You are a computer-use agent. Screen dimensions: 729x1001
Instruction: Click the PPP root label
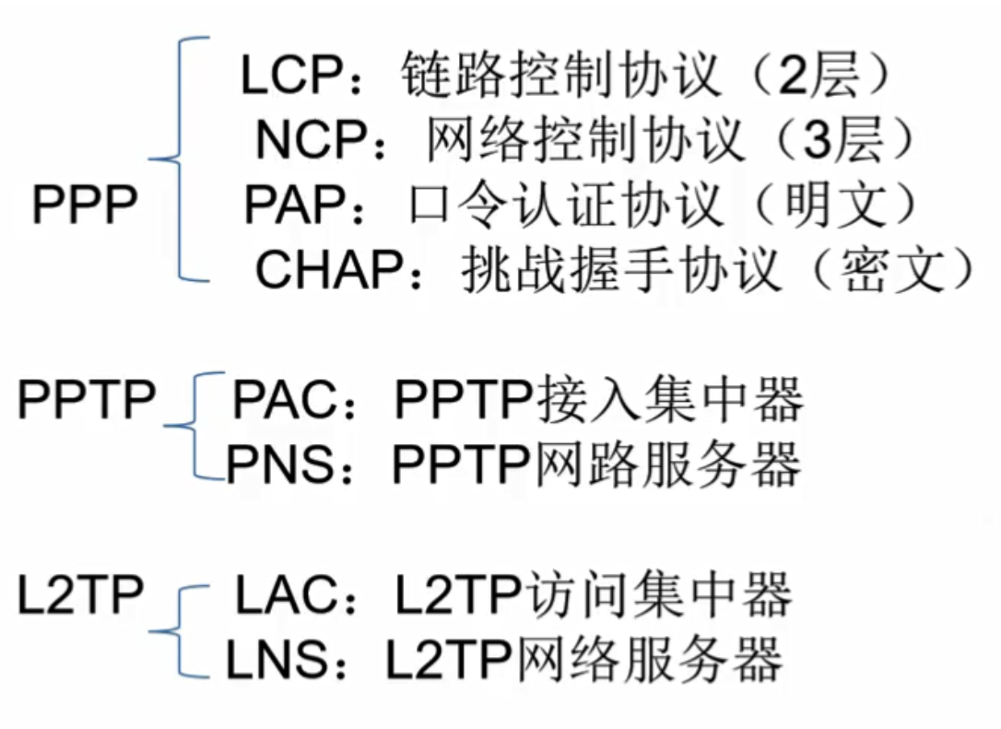coord(85,205)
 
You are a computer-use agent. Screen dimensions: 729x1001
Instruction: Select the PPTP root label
coord(88,399)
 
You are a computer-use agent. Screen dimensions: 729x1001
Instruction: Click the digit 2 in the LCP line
coord(792,76)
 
